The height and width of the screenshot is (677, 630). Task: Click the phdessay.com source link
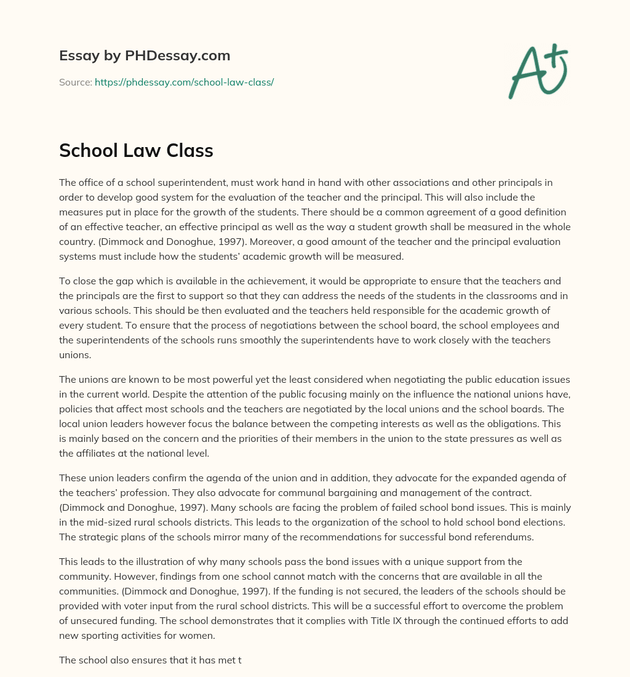(x=184, y=82)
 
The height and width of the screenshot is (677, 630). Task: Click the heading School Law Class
(x=136, y=150)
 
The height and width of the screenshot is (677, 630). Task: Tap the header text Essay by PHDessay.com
(x=145, y=56)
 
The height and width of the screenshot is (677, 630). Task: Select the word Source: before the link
(x=75, y=82)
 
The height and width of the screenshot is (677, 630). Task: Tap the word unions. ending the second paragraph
(x=74, y=355)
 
